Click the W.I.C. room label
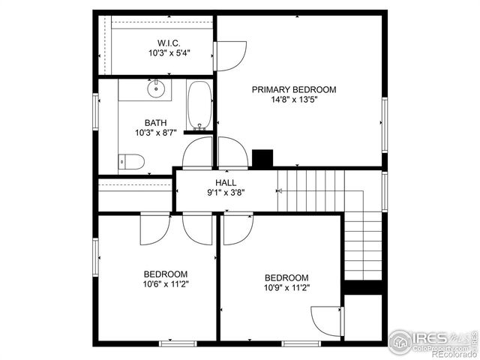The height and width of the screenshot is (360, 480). [169, 42]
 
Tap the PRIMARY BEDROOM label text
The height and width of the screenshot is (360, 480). [294, 89]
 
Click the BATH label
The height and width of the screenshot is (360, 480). [156, 123]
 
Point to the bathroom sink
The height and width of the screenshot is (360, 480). [156, 91]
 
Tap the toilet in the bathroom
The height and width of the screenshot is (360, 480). [133, 161]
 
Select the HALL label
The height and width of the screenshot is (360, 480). [226, 182]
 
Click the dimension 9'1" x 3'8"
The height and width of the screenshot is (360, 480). [226, 192]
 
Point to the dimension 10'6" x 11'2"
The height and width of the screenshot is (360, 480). [166, 284]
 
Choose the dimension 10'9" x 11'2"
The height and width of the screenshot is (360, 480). [286, 287]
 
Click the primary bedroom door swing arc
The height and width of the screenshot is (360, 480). [230, 55]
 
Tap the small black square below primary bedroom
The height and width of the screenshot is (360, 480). [262, 159]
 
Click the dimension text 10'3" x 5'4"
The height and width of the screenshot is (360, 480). [169, 53]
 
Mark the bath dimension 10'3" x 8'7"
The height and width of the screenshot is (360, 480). [156, 133]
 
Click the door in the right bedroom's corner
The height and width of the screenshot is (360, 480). [327, 321]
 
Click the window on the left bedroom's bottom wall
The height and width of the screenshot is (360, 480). [178, 343]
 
